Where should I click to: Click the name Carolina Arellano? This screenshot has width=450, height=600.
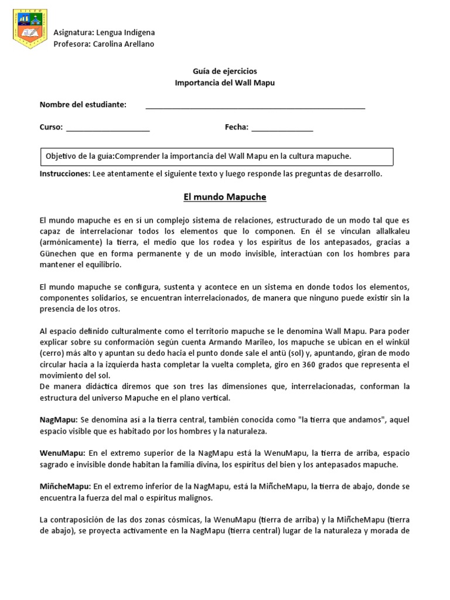coord(124,44)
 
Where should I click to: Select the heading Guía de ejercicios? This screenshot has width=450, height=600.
coord(225,71)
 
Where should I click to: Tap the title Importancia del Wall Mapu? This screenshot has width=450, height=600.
coord(225,83)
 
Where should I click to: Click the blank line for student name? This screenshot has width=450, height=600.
coord(255,106)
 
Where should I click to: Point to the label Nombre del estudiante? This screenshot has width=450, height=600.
coord(83,104)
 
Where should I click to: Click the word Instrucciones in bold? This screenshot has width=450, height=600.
coord(64,173)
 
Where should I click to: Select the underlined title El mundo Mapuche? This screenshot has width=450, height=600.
coord(225,197)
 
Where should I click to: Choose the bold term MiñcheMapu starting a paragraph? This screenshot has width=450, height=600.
coord(65,486)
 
